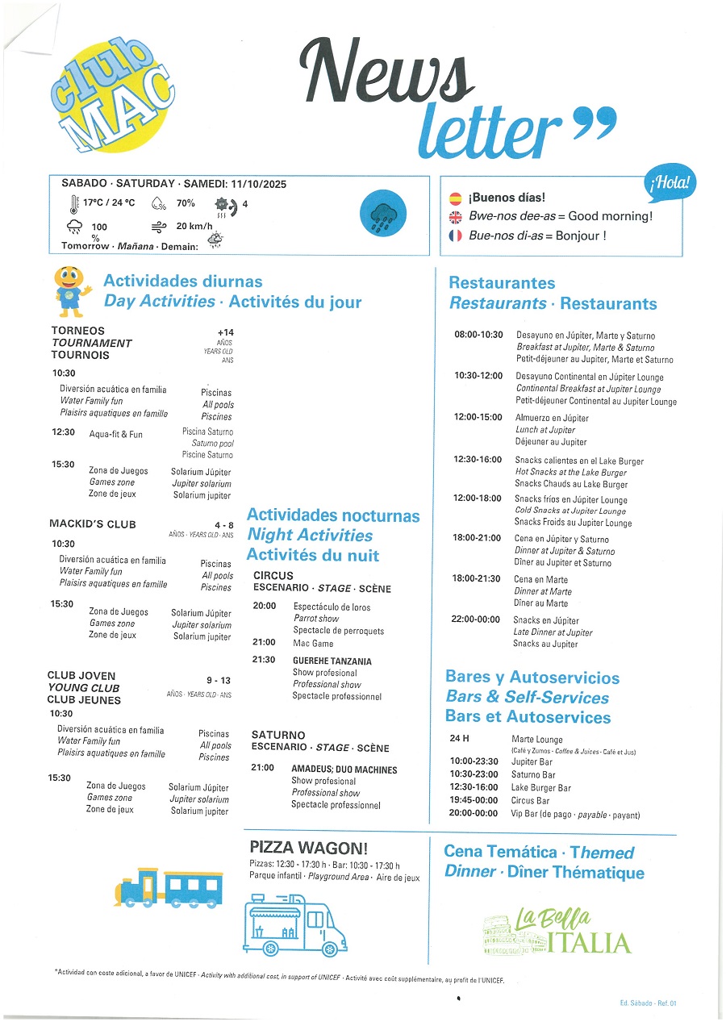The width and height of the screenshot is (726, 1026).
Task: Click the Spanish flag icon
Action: [x=456, y=198]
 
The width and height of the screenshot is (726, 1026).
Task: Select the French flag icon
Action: [x=456, y=236]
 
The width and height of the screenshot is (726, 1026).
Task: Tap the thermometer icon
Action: [x=74, y=205]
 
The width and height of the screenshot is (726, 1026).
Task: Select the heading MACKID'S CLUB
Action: [x=93, y=524]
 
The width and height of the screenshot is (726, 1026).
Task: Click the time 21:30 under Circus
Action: [x=264, y=660]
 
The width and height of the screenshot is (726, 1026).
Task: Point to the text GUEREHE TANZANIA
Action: [x=332, y=661]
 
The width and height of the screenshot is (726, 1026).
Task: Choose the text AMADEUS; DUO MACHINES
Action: [x=344, y=769]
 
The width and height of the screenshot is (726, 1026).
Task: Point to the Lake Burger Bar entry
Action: [x=541, y=788]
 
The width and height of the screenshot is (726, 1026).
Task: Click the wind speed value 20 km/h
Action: [x=194, y=227]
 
